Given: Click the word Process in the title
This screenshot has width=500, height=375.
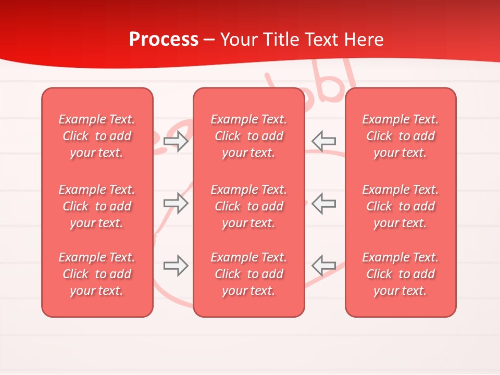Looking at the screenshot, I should [x=164, y=40].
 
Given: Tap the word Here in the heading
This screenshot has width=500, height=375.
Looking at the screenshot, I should [x=364, y=40].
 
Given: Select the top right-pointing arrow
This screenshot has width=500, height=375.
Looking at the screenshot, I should [x=176, y=141].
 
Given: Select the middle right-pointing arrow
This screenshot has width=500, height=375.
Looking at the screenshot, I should [x=176, y=203].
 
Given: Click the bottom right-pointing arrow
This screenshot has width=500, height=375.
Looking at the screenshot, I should [x=176, y=266].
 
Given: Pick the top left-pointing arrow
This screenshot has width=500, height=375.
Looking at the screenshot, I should [x=323, y=141].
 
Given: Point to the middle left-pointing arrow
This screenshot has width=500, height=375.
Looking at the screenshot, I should [x=323, y=203].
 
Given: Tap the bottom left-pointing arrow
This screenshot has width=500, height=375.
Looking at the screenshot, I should [x=323, y=266].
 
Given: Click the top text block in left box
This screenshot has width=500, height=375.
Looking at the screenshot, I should [x=97, y=136].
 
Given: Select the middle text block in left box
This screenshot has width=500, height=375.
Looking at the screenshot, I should [x=97, y=206].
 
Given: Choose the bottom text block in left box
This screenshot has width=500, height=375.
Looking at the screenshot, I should [x=97, y=274].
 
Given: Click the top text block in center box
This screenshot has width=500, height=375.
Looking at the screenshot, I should [x=248, y=136].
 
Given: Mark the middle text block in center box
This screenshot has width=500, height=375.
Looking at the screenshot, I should [x=248, y=206].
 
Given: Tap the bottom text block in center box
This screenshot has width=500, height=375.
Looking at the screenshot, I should [x=248, y=274].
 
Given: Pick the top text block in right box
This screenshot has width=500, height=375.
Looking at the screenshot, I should [x=400, y=136].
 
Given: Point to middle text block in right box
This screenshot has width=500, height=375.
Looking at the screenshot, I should [x=400, y=206].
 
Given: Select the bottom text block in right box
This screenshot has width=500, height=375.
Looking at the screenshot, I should [x=400, y=274].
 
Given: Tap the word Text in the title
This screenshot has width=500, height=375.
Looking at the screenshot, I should [x=323, y=40].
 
